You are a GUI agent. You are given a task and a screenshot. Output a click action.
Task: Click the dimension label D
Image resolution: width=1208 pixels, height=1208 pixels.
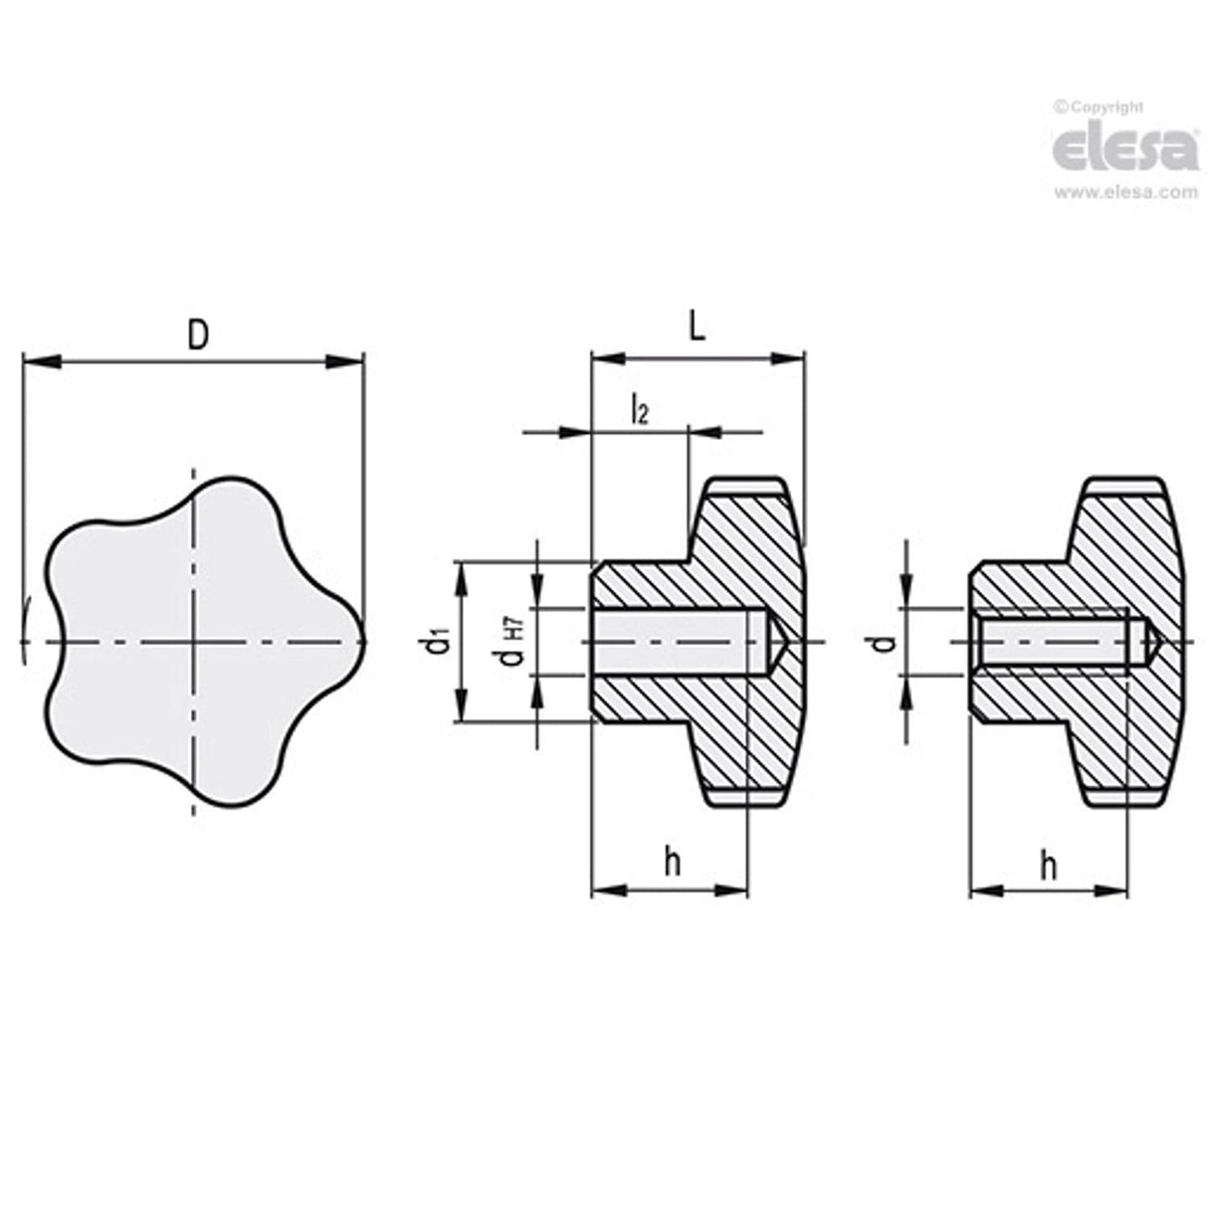199,336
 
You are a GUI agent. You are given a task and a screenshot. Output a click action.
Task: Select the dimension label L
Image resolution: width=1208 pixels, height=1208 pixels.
698,328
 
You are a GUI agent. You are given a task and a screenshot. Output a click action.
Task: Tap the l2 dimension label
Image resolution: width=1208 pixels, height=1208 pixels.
640,410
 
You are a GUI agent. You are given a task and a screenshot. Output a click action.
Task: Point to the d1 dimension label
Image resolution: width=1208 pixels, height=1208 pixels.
442,642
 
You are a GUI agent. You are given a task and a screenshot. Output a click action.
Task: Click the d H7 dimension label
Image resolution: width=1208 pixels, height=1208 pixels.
514,642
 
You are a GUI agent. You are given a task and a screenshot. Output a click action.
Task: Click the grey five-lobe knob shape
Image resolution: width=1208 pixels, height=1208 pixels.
199,642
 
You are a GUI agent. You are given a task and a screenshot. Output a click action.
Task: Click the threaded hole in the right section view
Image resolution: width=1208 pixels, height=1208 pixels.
1055,642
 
